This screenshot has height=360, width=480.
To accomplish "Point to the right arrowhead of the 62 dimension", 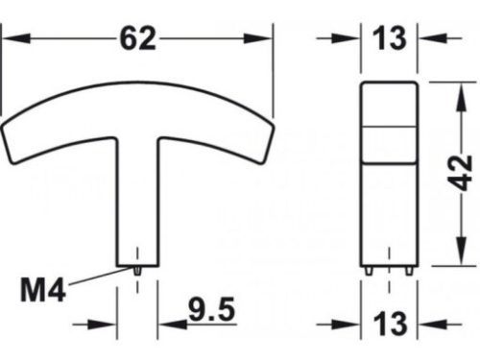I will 267,37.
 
